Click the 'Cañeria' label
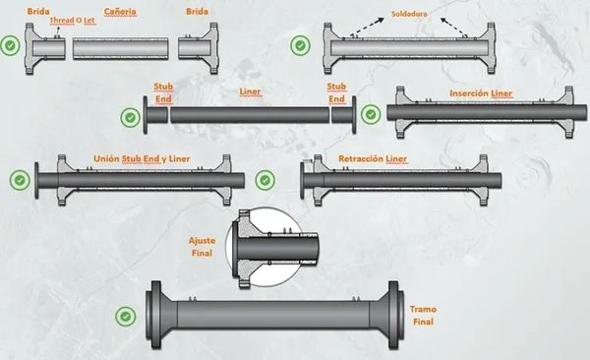[120, 12]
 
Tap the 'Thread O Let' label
[72, 21]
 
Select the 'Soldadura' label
[409, 14]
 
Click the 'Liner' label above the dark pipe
[250, 91]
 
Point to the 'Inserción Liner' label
[481, 93]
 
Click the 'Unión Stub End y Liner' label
[142, 158]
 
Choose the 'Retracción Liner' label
[373, 158]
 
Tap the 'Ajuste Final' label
[202, 247]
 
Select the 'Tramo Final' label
[423, 316]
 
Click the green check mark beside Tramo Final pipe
[126, 317]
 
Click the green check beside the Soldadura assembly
[300, 45]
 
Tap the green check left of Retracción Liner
[265, 180]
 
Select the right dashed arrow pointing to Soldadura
[452, 27]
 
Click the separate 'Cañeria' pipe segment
[121, 48]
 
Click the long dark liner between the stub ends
[250, 115]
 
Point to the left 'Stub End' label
[163, 92]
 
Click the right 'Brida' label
[198, 12]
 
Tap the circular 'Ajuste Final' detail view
[265, 248]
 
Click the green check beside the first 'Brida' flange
[10, 45]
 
